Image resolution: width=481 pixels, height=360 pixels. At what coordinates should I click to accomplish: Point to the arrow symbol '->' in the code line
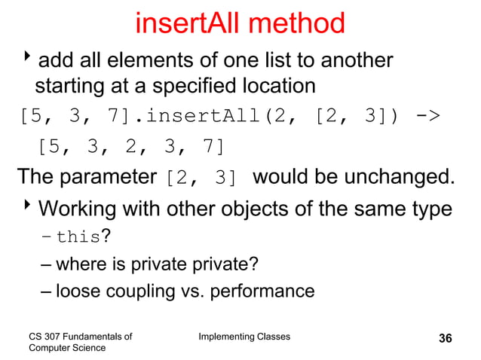[x=429, y=117]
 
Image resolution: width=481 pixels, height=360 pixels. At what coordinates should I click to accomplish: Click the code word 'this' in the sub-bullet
[x=78, y=237]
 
